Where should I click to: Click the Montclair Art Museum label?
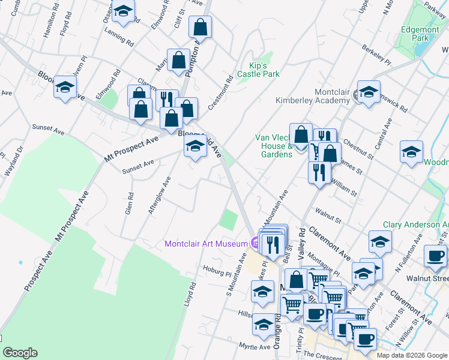(x=206, y=244)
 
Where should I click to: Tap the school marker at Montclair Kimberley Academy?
(x=369, y=92)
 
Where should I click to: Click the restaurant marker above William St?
(x=319, y=172)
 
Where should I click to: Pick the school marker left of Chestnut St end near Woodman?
(x=411, y=153)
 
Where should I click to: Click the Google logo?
(x=20, y=353)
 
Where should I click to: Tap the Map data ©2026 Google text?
(x=412, y=355)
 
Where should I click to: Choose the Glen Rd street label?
(x=130, y=204)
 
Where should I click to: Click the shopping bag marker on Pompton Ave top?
(x=200, y=27)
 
